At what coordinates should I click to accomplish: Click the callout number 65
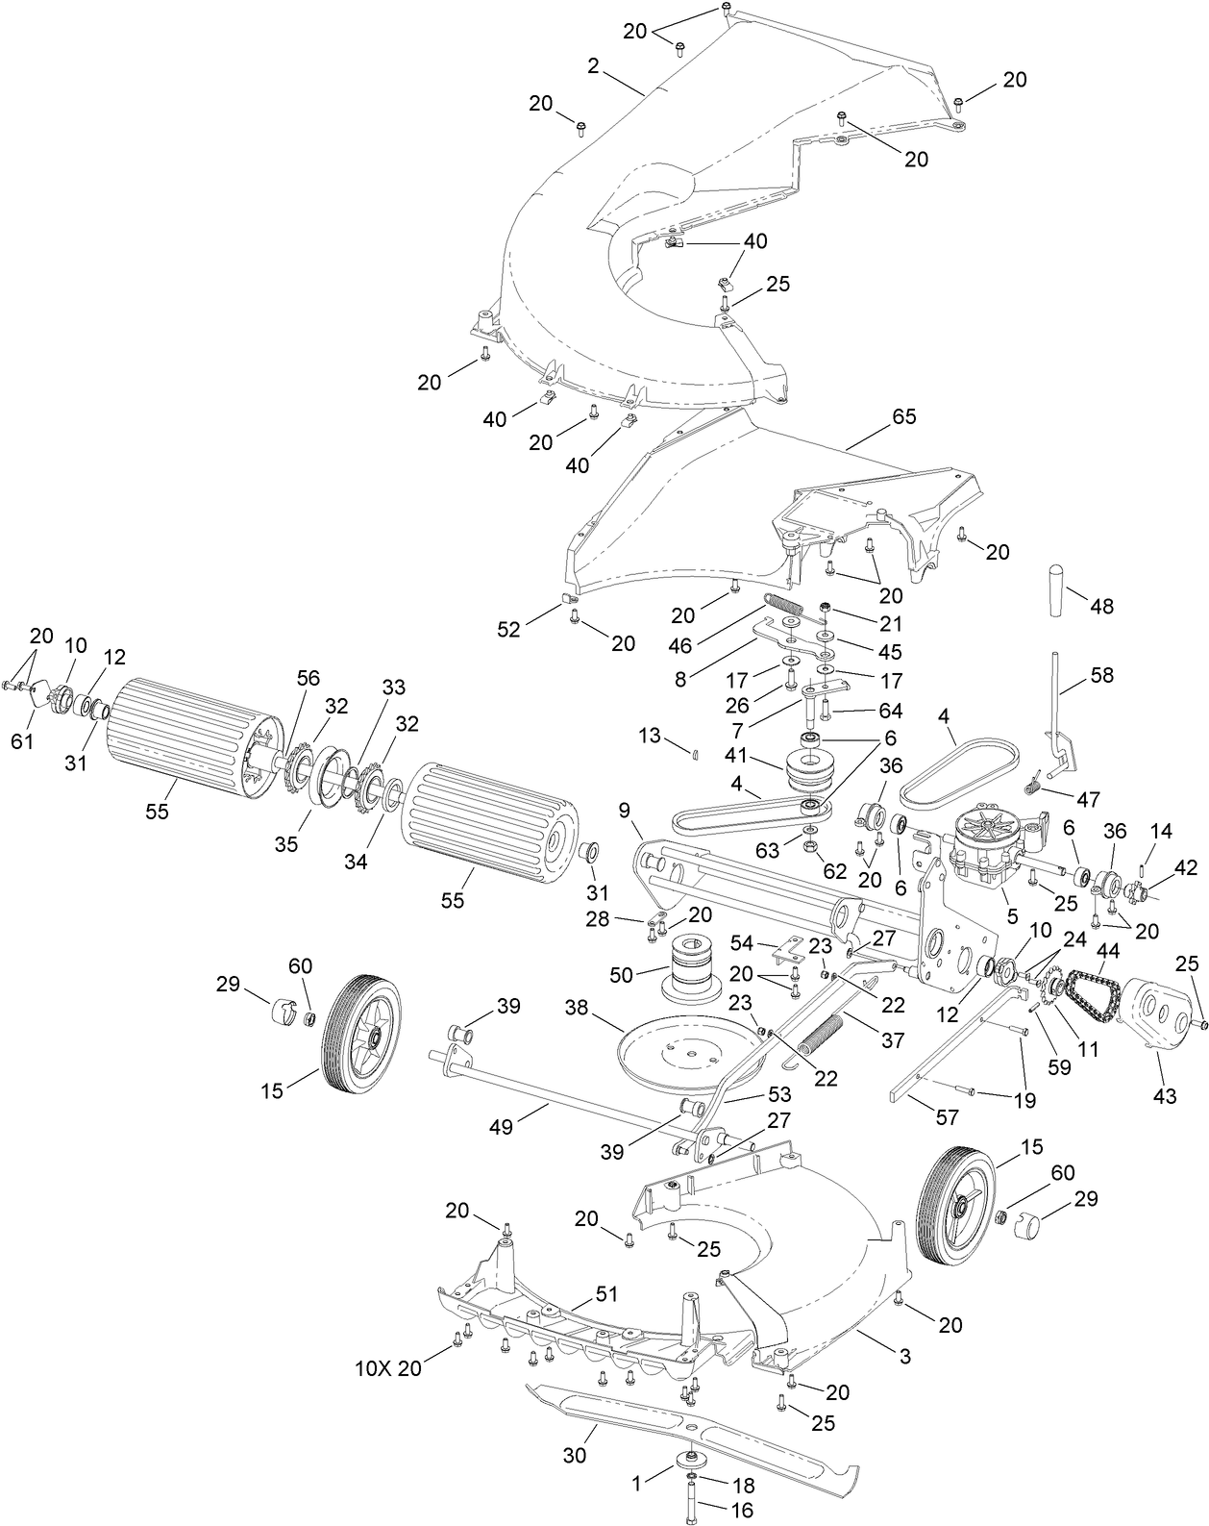(x=903, y=417)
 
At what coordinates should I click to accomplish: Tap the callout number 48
(x=1101, y=606)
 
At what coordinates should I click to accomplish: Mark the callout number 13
(x=651, y=736)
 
